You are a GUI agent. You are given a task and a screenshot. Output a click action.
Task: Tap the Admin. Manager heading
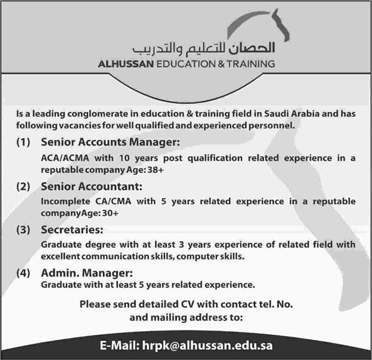coord(87,273)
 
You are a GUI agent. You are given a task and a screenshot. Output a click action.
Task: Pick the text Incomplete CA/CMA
coord(78,201)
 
